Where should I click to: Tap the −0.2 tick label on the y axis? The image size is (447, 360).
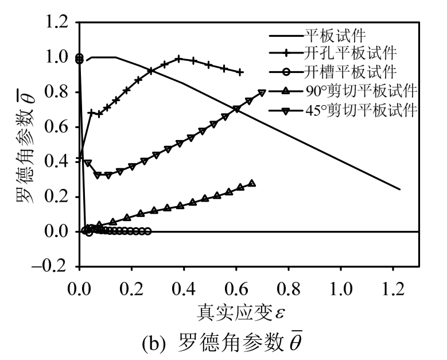tap(54, 267)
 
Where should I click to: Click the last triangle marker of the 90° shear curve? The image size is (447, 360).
tap(251, 184)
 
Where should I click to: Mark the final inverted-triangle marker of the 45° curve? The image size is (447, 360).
tap(262, 92)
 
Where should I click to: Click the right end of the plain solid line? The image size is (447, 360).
tap(399, 189)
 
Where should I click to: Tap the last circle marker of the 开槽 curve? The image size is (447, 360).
tap(148, 231)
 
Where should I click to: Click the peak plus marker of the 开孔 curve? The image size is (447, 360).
tap(179, 59)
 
